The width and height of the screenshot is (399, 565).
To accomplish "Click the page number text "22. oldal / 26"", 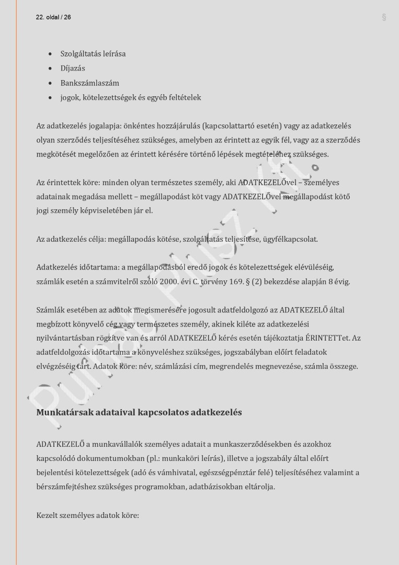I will click(53, 17).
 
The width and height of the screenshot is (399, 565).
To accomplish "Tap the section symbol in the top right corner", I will click(384, 17).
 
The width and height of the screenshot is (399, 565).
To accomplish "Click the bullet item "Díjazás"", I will click(73, 69).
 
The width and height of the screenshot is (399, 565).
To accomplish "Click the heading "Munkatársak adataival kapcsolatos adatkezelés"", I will click(139, 412).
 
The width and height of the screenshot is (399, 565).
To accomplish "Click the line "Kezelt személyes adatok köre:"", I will click(87, 515).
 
